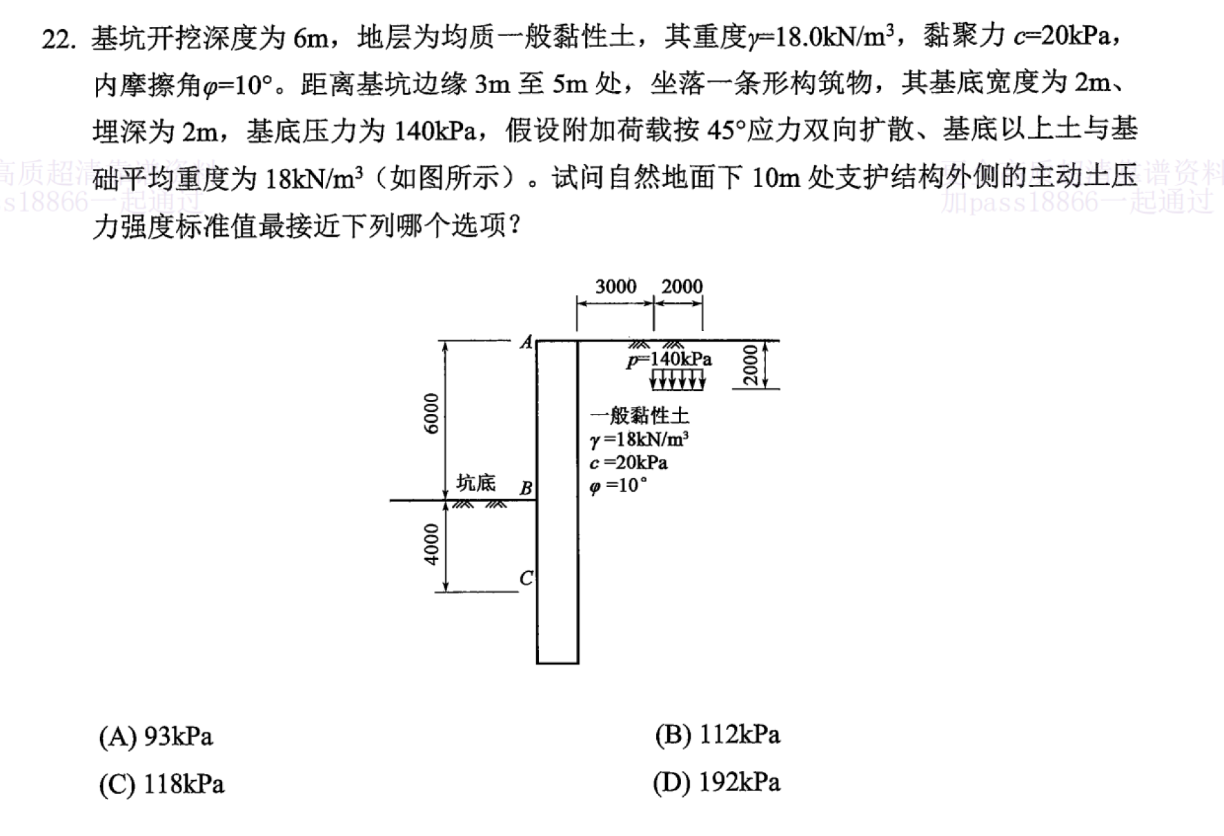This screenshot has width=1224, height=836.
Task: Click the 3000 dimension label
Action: (x=615, y=286)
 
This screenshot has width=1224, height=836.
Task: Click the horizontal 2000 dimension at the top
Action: (x=682, y=286)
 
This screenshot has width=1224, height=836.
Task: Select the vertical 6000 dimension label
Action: (x=431, y=413)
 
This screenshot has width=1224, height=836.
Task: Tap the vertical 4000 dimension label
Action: (x=431, y=544)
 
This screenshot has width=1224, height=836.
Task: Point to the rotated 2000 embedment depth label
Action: (x=750, y=365)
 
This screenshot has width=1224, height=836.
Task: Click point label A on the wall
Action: (x=527, y=341)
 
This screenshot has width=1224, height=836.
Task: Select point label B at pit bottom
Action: (x=526, y=488)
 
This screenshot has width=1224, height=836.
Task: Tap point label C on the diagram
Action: (x=526, y=578)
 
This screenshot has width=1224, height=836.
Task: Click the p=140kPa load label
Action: (x=669, y=359)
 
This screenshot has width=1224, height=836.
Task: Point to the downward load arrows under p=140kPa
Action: (x=678, y=379)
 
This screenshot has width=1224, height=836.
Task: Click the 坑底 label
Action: (x=476, y=483)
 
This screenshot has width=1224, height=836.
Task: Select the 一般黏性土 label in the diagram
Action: (x=640, y=415)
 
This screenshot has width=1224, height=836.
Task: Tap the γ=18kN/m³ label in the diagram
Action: (x=640, y=439)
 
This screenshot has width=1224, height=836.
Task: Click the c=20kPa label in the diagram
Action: (x=629, y=462)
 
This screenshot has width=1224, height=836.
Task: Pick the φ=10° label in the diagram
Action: (x=619, y=486)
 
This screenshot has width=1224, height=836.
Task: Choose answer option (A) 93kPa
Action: (x=156, y=737)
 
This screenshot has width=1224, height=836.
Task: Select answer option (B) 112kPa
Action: (x=718, y=735)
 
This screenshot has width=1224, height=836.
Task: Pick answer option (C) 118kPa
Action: (x=161, y=784)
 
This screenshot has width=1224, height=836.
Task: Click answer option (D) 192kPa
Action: (x=717, y=782)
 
